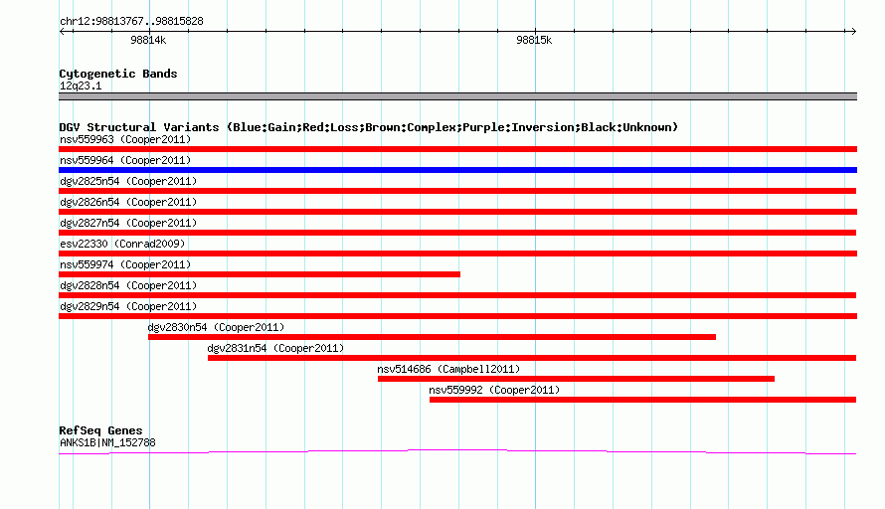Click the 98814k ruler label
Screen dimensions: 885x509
(148, 40)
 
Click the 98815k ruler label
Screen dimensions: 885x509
(534, 40)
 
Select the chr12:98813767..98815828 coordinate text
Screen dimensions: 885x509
(131, 22)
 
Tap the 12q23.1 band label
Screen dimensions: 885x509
(81, 85)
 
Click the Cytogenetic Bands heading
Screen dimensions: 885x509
(118, 74)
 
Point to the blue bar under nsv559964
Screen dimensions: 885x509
(457, 170)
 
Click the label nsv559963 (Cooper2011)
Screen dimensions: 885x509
(125, 139)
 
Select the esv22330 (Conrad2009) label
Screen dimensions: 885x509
(122, 244)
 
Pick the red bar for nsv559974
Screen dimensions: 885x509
(260, 274)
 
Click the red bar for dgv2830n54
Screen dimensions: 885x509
(432, 337)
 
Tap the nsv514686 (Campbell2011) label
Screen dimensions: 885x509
(448, 369)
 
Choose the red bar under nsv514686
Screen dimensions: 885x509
(577, 379)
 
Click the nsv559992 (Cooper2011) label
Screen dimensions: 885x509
(494, 390)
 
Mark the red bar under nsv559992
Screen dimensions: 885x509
(642, 400)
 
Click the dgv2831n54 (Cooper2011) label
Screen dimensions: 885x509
(275, 348)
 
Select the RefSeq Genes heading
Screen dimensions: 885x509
(100, 430)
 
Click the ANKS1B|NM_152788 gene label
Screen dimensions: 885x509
(107, 443)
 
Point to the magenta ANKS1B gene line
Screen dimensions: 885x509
(457, 450)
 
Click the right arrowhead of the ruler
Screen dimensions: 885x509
(855, 31)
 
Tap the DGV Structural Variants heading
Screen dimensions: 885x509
(369, 127)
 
